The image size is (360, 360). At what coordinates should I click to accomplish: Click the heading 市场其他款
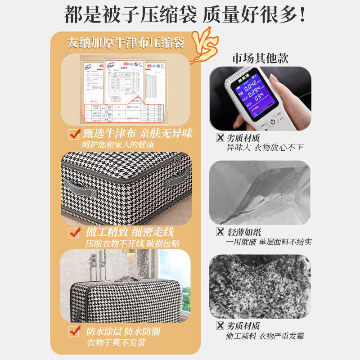point(260,58)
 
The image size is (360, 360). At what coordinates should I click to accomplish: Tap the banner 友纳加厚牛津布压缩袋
point(126,43)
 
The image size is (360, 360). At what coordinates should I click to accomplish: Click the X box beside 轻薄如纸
point(220,232)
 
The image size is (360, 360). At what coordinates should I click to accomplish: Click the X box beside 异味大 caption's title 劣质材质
point(220,138)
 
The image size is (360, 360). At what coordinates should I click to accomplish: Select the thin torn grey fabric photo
point(260,192)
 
